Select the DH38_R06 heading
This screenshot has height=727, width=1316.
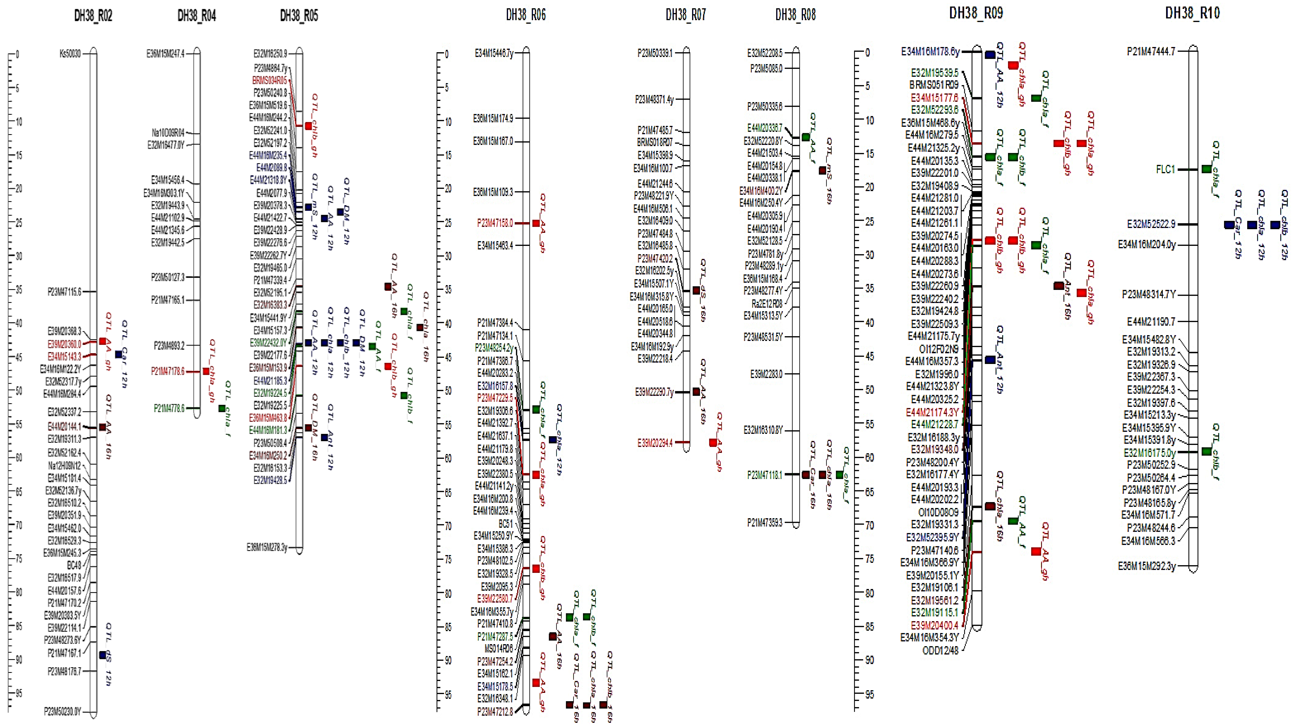(x=526, y=15)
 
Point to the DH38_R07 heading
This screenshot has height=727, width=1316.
(x=686, y=15)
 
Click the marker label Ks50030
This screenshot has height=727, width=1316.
(x=70, y=54)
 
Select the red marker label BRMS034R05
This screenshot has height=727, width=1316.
(x=269, y=80)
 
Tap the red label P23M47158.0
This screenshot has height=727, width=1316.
(x=495, y=223)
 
